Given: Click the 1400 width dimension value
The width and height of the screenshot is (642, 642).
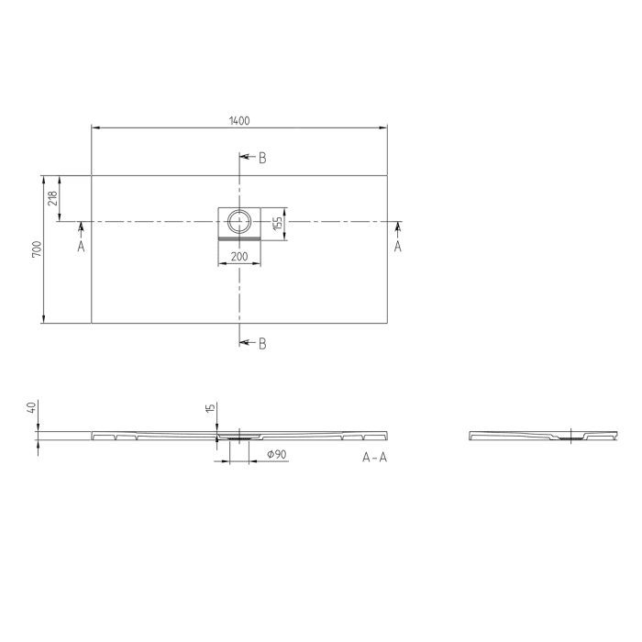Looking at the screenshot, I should tap(239, 120).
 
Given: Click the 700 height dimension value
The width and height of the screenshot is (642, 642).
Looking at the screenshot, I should tap(36, 249).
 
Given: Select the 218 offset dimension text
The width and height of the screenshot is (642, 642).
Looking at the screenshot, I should tap(52, 195).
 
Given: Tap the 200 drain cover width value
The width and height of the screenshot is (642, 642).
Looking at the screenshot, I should tap(238, 257).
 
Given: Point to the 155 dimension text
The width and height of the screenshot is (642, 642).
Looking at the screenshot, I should tap(276, 222).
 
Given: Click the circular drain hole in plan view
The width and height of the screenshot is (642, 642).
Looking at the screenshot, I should tap(239, 221).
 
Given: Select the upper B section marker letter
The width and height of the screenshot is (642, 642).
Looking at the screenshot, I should tap(262, 159).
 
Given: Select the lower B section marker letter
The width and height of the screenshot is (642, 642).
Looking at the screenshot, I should tap(262, 344).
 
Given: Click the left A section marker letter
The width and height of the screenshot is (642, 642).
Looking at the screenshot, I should tap(81, 246).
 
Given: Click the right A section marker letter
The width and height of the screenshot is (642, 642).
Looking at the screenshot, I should tap(397, 246).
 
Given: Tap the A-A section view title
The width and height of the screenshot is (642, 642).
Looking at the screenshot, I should tap(374, 458).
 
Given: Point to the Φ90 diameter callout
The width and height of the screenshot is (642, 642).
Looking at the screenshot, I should tap(276, 455).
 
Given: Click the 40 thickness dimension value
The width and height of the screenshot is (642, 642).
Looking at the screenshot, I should tap(31, 406).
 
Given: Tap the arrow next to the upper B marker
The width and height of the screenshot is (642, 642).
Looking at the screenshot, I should tap(245, 159).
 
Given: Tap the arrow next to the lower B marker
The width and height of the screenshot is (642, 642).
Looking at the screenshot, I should tap(245, 343).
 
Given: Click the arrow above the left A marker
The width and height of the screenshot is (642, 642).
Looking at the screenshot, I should tap(81, 226).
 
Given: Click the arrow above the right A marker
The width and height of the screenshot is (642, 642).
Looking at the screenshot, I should tap(397, 226).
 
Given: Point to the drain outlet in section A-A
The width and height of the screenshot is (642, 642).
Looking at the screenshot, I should tap(238, 437).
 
